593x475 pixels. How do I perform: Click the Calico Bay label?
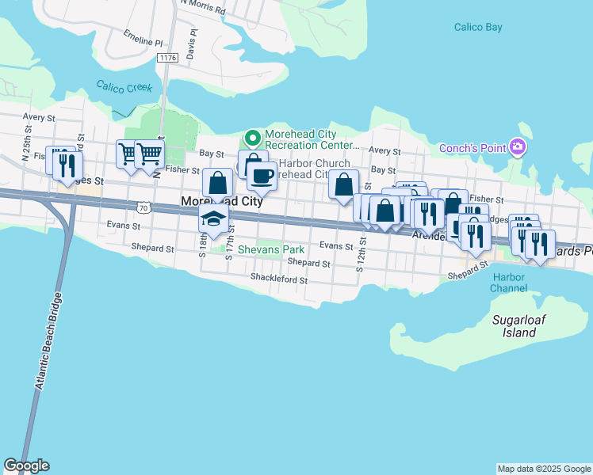(478, 27)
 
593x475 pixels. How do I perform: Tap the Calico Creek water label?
(124, 87)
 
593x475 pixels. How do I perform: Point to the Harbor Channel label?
(508, 283)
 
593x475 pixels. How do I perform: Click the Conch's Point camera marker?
(518, 147)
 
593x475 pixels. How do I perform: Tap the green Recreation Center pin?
(252, 139)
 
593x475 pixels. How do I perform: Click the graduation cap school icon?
(214, 218)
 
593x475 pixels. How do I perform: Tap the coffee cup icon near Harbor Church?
(262, 175)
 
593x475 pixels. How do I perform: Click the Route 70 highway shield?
(143, 207)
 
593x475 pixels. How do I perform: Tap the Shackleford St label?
(278, 278)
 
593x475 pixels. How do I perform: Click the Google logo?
(26, 465)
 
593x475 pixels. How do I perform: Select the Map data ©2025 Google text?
(543, 469)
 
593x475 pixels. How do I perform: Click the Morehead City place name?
(222, 202)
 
